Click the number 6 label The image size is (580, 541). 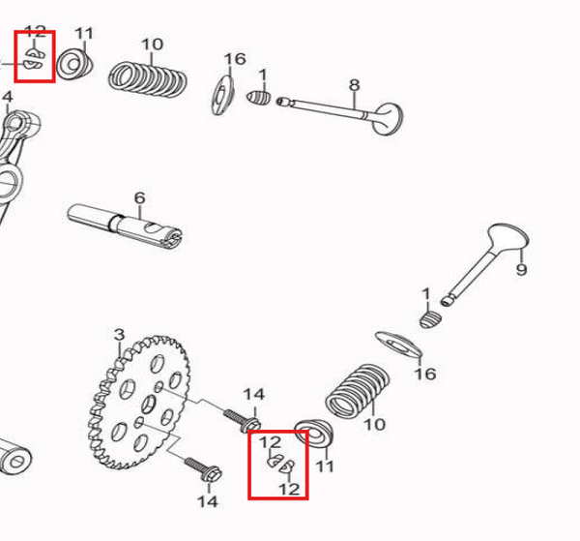(139, 197)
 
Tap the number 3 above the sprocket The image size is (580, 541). (119, 335)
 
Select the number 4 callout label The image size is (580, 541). (7, 97)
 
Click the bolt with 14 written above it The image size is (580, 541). (242, 421)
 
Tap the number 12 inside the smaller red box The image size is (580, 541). (35, 33)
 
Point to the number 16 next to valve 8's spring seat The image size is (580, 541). (235, 59)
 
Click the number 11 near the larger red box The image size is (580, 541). (325, 466)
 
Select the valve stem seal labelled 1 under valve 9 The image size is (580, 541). (430, 317)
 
